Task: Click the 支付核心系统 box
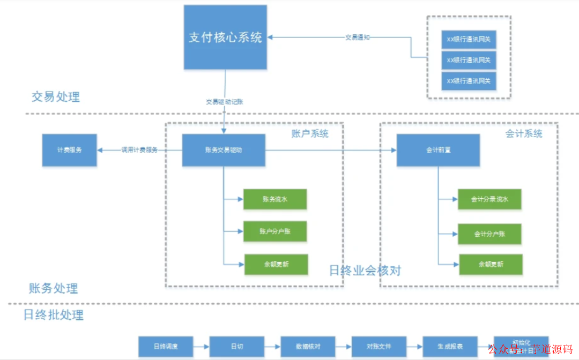point(225,37)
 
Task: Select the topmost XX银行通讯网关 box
point(469,39)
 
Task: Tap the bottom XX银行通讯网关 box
point(469,81)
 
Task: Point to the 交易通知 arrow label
point(358,37)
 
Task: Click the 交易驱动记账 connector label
point(225,102)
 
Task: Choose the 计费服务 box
point(70,150)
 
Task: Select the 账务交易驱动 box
point(224,150)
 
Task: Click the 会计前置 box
point(438,150)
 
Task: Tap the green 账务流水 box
point(275,199)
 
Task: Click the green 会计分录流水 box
point(489,199)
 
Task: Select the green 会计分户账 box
point(489,234)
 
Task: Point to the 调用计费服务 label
point(139,150)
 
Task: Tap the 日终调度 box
point(165,347)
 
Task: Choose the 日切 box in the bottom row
point(236,347)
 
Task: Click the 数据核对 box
point(308,347)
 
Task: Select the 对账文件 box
point(378,347)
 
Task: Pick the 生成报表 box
point(450,347)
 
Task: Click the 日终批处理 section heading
point(54,314)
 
